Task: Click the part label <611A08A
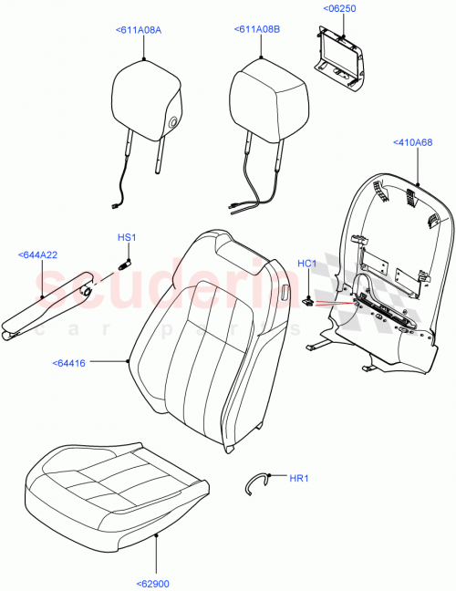(139, 30)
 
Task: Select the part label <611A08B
(257, 30)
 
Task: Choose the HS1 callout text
(126, 238)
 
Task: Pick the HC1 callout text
(306, 264)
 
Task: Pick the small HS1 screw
(125, 264)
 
